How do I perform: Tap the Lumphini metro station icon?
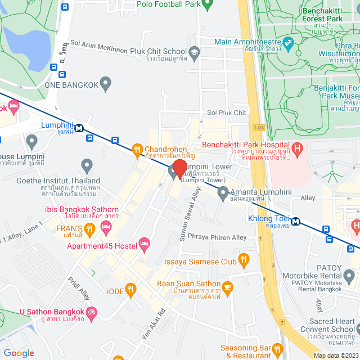tap(79, 127)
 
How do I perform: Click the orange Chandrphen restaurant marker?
tap(136, 150)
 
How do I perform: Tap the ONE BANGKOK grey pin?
tap(105, 84)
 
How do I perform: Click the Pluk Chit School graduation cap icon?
tap(194, 53)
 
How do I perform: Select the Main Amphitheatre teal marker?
tap(289, 42)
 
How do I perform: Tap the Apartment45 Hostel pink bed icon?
tap(143, 243)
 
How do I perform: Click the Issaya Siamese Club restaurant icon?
tap(244, 259)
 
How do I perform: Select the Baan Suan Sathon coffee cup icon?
tap(227, 287)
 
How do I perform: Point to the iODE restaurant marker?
tap(131, 290)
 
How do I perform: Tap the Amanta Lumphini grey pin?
tap(223, 193)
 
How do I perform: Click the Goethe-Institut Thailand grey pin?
tap(87, 165)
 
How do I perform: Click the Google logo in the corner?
tap(19, 353)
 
